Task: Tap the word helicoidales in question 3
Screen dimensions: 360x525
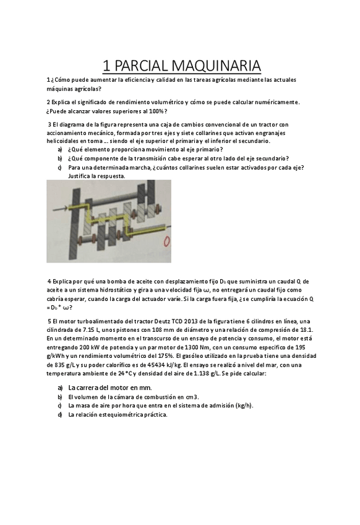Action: (x=64, y=141)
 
